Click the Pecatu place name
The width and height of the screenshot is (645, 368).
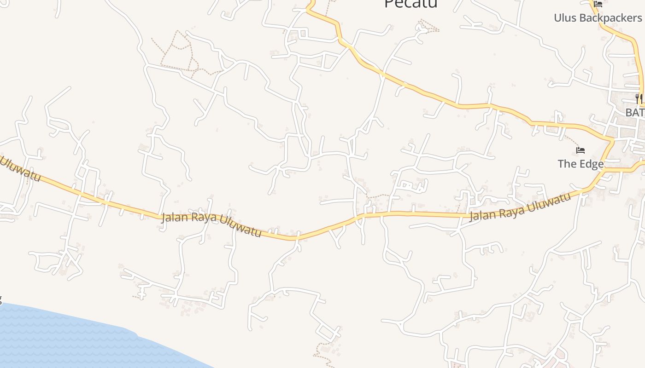click(x=410, y=4)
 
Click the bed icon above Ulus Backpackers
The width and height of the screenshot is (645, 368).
click(x=598, y=4)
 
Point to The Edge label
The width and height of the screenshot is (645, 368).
click(x=580, y=164)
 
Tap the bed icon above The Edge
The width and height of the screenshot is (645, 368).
click(x=580, y=150)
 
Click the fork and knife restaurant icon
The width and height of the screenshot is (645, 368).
click(x=639, y=98)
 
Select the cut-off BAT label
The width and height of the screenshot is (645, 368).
click(x=635, y=112)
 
